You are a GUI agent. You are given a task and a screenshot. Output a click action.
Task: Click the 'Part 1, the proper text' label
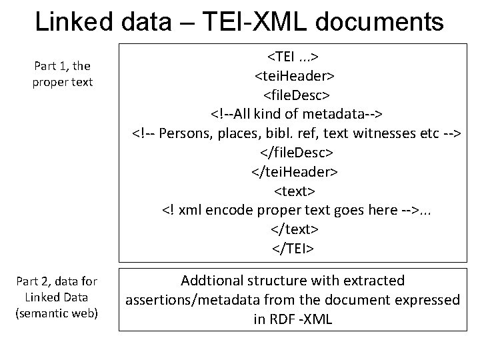tap(63, 74)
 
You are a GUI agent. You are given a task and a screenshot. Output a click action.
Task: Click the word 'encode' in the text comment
tap(232, 211)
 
